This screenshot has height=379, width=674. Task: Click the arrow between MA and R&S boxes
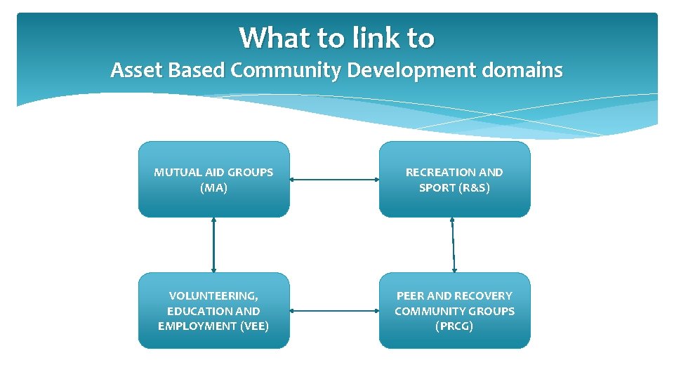coord(334,180)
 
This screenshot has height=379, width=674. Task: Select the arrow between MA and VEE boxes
coord(213,244)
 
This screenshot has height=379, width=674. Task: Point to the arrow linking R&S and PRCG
coord(453,244)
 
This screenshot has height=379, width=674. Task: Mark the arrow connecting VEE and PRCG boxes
coord(334,310)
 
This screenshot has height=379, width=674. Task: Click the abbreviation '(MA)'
coord(213,187)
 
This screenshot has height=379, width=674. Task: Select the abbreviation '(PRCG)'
coord(454,326)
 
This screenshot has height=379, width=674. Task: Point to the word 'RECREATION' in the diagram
coord(432,172)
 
